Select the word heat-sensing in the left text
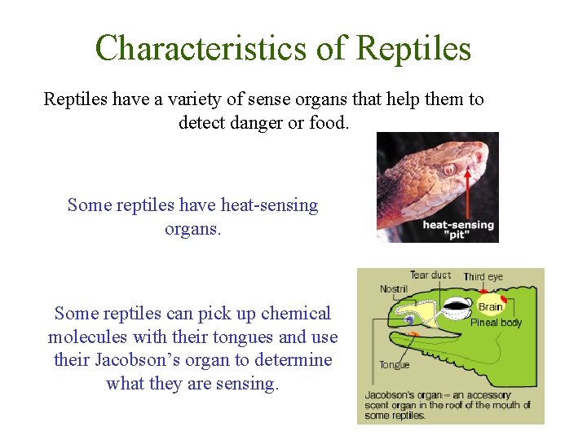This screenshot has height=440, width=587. point(262,205)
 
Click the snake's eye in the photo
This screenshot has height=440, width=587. point(449,169)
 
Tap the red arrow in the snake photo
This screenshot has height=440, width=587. point(467,191)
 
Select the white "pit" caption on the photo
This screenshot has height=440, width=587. point(458,235)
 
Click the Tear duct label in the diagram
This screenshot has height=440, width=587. point(430,275)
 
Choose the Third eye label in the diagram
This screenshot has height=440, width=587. point(483,277)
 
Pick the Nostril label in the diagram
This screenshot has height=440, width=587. point(395,289)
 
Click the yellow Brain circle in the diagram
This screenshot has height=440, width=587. point(490,307)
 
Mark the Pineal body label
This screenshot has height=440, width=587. point(497,323)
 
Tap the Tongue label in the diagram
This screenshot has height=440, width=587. point(395,365)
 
